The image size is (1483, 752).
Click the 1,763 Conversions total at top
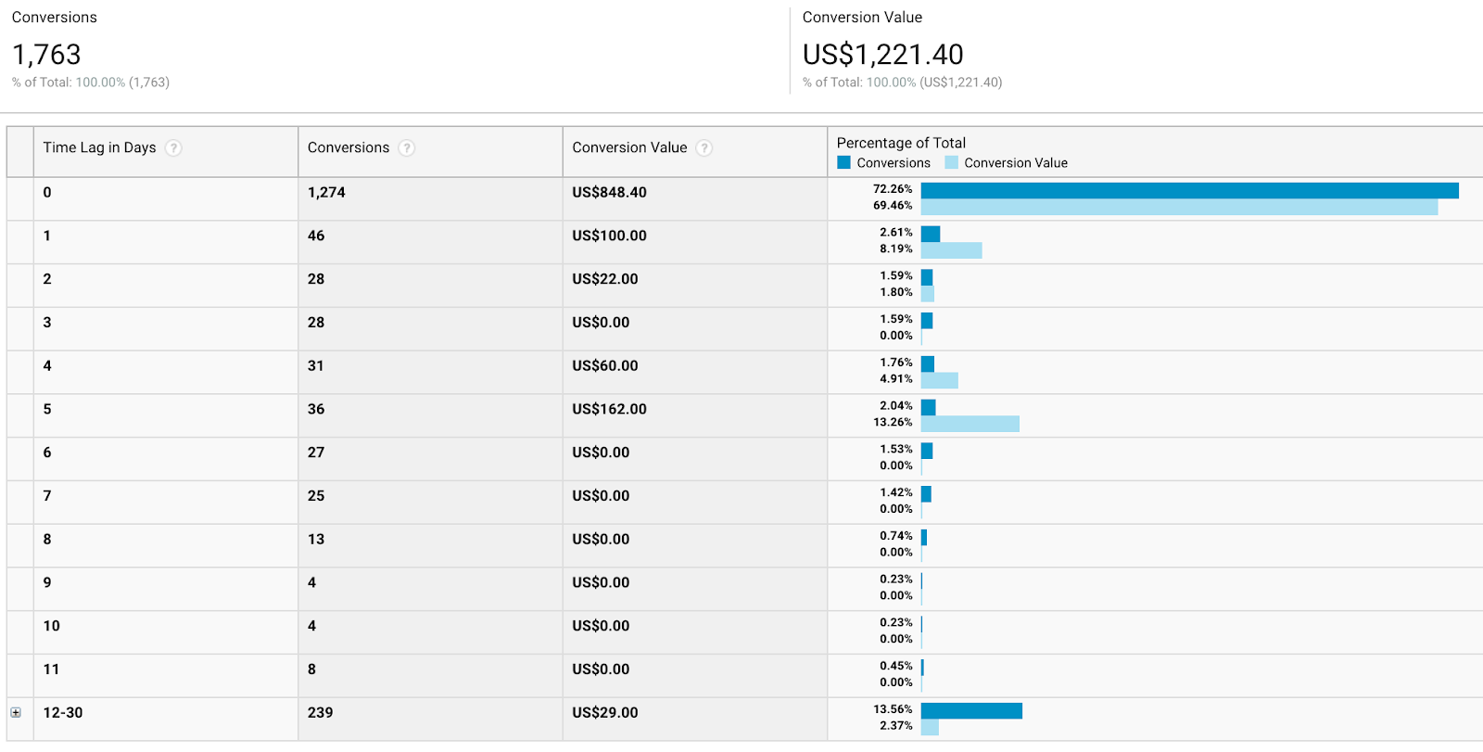pyautogui.click(x=46, y=55)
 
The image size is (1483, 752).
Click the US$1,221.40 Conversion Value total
pyautogui.click(x=882, y=55)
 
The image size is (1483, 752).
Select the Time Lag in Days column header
pyautogui.click(x=99, y=147)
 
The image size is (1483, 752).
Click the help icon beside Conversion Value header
pyautogui.click(x=704, y=148)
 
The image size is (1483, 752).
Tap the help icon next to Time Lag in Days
pyautogui.click(x=173, y=148)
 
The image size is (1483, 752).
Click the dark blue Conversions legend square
pyautogui.click(x=843, y=162)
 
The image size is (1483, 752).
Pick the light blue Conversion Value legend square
pyautogui.click(x=951, y=162)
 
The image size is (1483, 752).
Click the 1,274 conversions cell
pyautogui.click(x=326, y=193)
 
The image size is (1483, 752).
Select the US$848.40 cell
pyautogui.click(x=609, y=193)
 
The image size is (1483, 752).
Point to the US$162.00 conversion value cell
pyautogui.click(x=609, y=409)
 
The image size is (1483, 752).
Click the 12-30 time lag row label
pyautogui.click(x=63, y=713)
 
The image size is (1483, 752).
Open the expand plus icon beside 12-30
pyautogui.click(x=16, y=712)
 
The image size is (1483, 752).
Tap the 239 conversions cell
pyautogui.click(x=320, y=713)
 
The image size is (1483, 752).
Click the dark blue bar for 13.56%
pyautogui.click(x=971, y=710)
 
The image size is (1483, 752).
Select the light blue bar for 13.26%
pyautogui.click(x=970, y=424)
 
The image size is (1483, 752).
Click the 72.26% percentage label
pyautogui.click(x=893, y=189)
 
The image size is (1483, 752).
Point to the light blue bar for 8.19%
pyautogui.click(x=951, y=250)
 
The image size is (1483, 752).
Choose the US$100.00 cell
pyautogui.click(x=609, y=236)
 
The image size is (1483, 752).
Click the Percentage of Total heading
pyautogui.click(x=901, y=143)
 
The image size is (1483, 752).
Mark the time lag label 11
pyautogui.click(x=51, y=669)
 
